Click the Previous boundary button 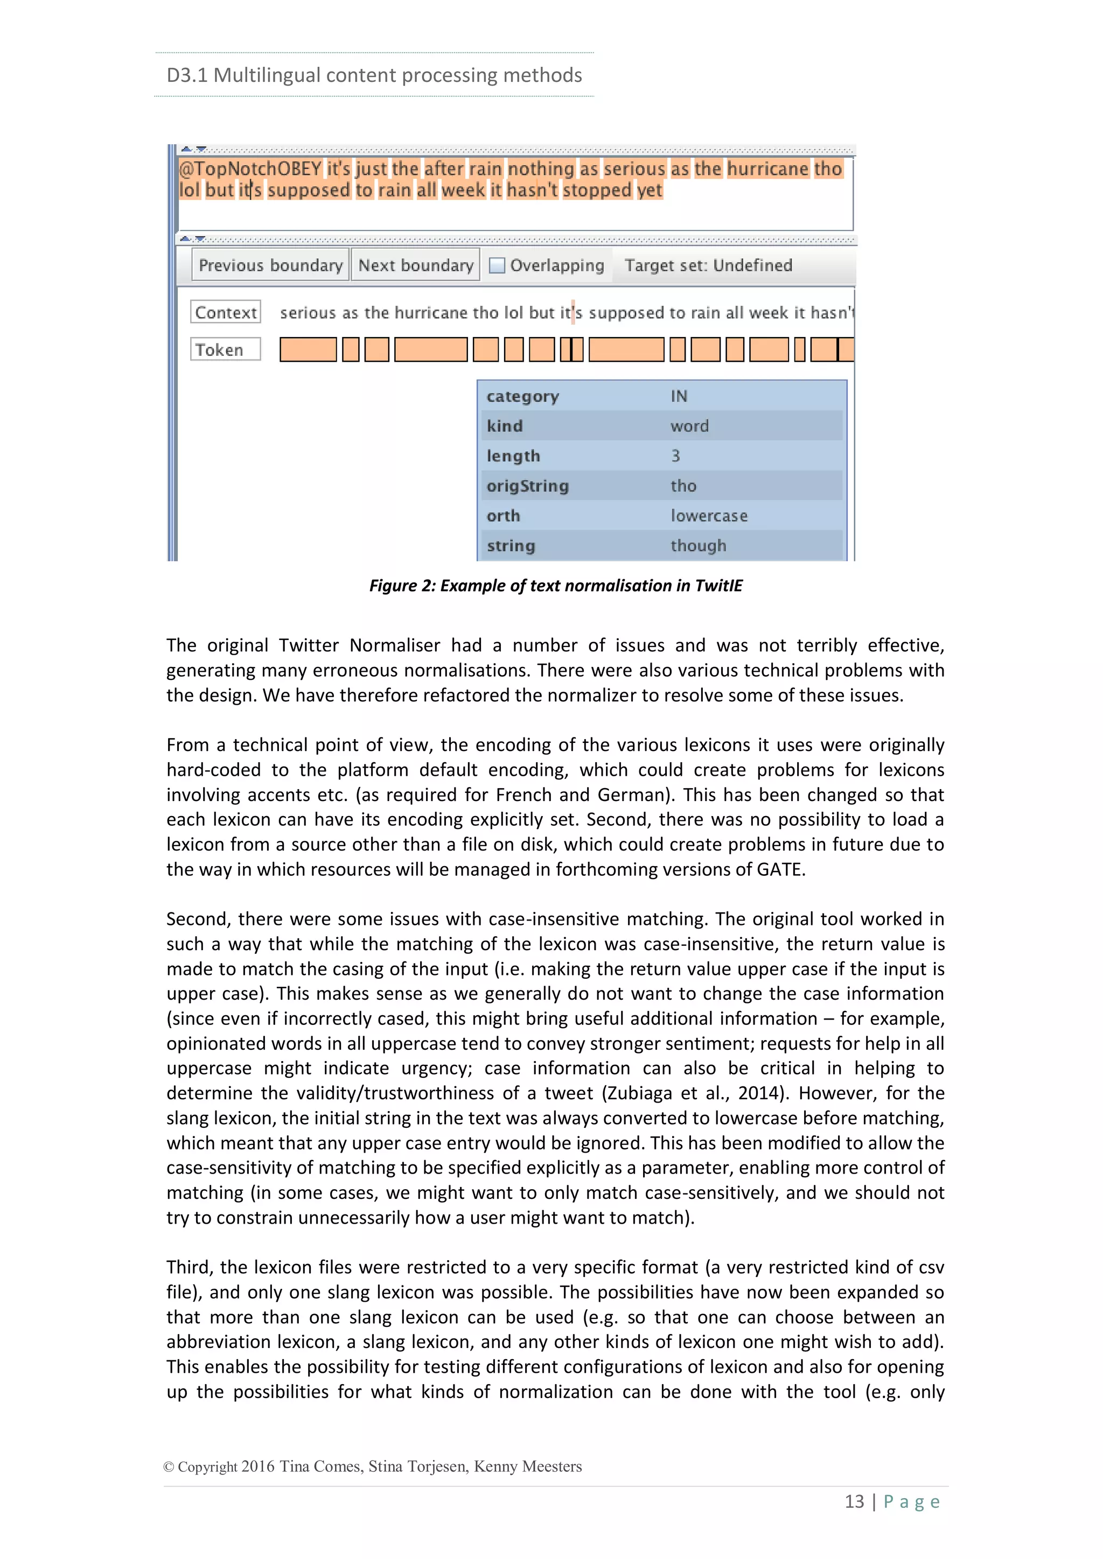tap(270, 265)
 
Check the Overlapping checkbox tap(497, 265)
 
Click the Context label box tap(226, 312)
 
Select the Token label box tap(226, 350)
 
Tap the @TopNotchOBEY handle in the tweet tap(250, 168)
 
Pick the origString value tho tap(683, 486)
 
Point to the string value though tap(698, 545)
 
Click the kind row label tap(505, 426)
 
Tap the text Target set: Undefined tap(708, 265)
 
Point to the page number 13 tap(854, 1501)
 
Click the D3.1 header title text tap(374, 75)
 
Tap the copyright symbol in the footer tap(169, 1466)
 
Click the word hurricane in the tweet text tap(767, 168)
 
